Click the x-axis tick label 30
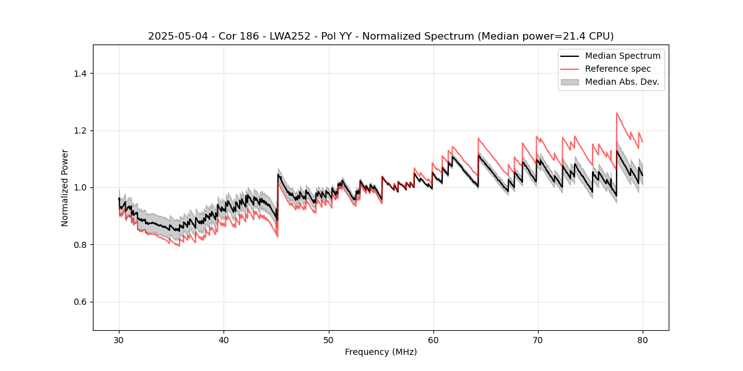point(119,339)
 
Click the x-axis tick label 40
point(224,339)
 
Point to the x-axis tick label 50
point(328,339)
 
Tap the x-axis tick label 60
point(433,339)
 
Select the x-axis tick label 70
point(537,339)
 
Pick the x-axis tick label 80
point(642,339)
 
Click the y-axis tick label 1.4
point(79,74)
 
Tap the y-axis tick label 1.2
point(79,130)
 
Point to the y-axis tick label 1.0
point(79,187)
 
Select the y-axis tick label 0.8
point(79,245)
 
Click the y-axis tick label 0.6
point(79,302)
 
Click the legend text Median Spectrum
point(622,56)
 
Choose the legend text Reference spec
point(618,69)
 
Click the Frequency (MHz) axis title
point(381,352)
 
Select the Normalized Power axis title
point(65,187)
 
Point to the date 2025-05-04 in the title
point(178,36)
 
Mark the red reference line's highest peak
point(617,113)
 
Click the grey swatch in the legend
point(570,82)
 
